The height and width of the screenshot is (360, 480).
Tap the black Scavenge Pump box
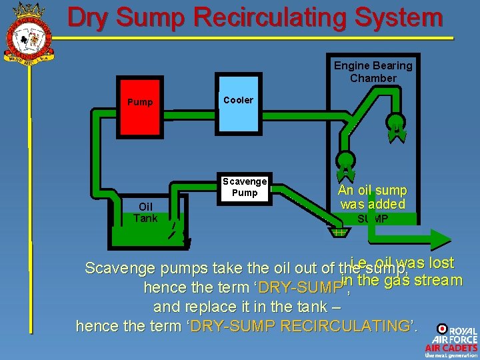tap(245, 187)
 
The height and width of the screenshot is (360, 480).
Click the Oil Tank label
tap(145, 213)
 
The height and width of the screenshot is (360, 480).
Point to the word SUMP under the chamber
tap(373, 219)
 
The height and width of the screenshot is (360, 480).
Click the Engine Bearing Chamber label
tap(373, 72)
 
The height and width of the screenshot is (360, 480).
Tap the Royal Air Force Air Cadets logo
tap(452, 341)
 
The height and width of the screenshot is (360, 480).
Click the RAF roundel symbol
tap(441, 329)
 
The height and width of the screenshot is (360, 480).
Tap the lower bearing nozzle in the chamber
tap(345, 162)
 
